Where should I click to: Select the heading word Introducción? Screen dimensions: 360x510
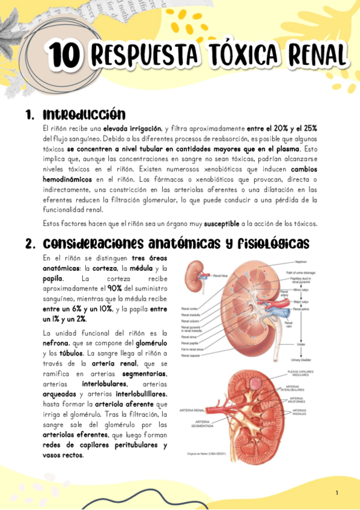(84, 114)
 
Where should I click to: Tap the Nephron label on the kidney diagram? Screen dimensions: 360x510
(302, 262)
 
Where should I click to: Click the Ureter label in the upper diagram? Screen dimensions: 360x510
(300, 344)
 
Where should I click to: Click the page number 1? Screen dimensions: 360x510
(337, 493)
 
